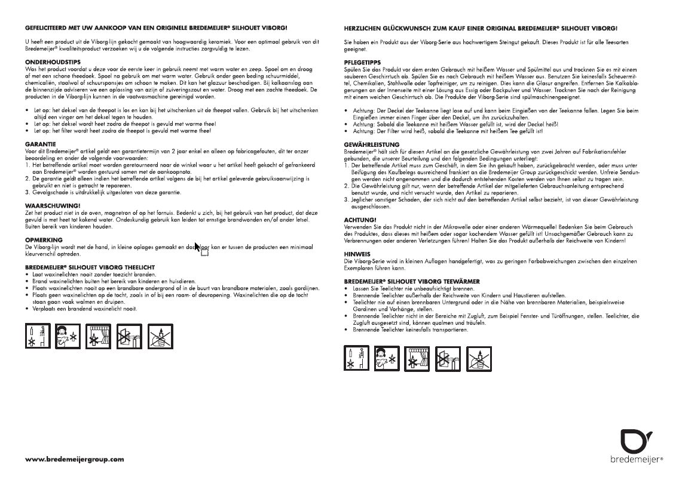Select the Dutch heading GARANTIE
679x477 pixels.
coord(41,144)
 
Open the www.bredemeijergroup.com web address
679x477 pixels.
coord(75,459)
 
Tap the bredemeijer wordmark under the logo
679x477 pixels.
coord(635,460)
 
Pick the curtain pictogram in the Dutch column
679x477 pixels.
coord(97,337)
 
